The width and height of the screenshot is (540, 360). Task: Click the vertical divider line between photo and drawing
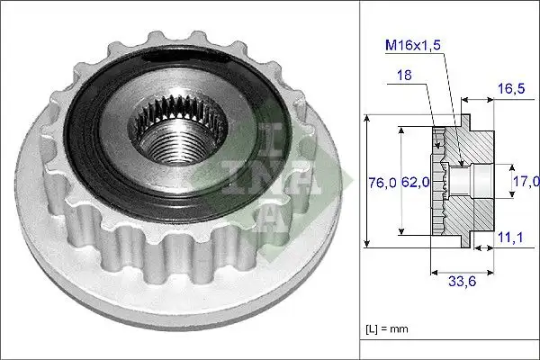359,180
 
